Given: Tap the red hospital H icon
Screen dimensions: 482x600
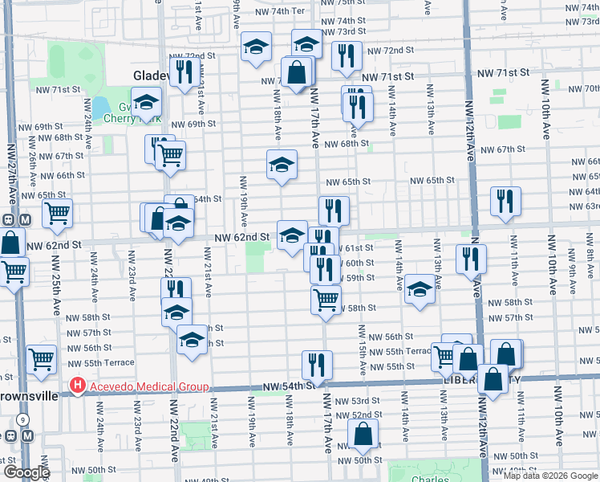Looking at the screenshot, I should [x=78, y=386].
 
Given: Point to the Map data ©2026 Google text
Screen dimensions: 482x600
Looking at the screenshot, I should [x=550, y=476].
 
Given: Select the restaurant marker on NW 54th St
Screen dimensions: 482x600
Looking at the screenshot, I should [x=318, y=364].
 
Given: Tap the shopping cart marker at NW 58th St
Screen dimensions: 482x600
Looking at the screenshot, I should [x=326, y=300].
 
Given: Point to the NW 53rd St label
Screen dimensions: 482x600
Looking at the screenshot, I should [x=363, y=401].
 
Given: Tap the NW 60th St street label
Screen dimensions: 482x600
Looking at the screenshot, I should [x=358, y=263].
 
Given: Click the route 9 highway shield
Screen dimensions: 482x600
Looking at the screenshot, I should [x=23, y=420].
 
